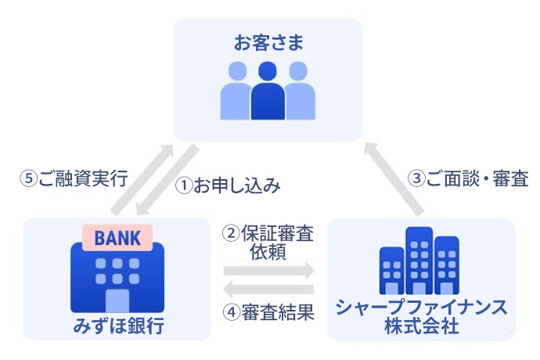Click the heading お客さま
click(x=268, y=43)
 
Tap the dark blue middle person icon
click(x=268, y=91)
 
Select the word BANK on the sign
click(x=117, y=238)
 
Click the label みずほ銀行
click(x=118, y=326)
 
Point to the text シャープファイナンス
click(x=422, y=308)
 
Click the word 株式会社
click(x=422, y=326)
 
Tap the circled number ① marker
click(x=184, y=185)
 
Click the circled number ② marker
click(x=231, y=233)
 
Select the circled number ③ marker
click(x=416, y=178)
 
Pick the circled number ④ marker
click(x=232, y=312)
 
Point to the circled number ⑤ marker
click(x=29, y=178)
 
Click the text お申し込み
click(x=237, y=185)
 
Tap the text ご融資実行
click(x=83, y=178)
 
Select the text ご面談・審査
click(x=477, y=178)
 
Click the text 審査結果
click(x=278, y=312)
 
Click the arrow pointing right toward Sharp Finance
click(x=269, y=270)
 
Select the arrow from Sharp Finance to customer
click(x=394, y=179)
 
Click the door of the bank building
click(x=117, y=301)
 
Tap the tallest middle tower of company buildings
click(x=419, y=261)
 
